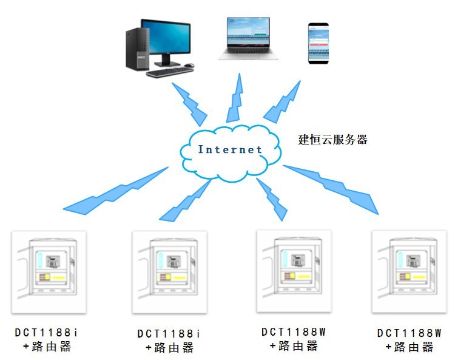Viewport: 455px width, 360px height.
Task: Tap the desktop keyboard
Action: (169, 71)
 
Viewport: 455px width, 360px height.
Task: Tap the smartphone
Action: (318, 43)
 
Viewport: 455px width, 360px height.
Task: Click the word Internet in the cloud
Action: (230, 149)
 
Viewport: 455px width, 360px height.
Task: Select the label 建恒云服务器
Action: (333, 139)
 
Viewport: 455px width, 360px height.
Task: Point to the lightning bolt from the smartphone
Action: (282, 101)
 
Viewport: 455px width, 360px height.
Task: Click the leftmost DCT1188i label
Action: (47, 333)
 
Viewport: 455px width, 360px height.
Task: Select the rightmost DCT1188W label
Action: (409, 333)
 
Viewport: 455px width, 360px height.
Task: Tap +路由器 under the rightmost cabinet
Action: (409, 347)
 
